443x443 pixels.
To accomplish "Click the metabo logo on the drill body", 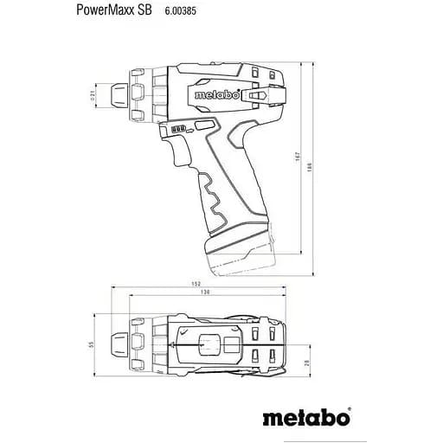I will coord(210,95).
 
